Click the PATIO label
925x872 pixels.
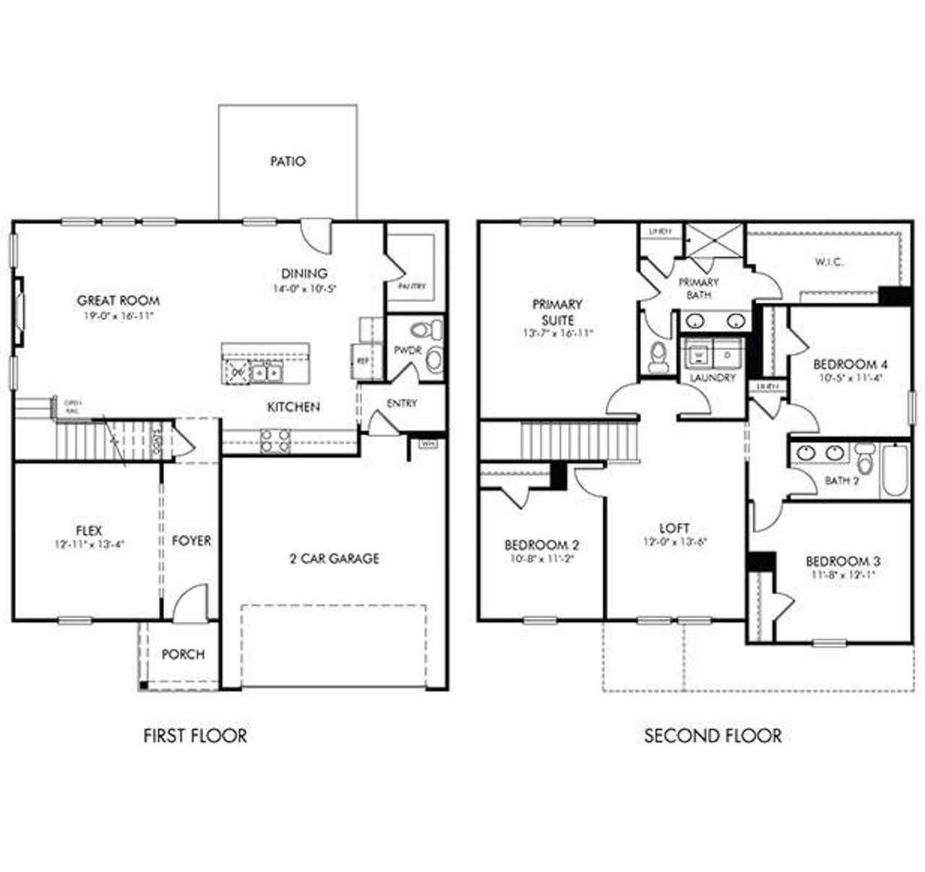pyautogui.click(x=288, y=161)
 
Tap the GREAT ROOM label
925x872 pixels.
pyautogui.click(x=119, y=301)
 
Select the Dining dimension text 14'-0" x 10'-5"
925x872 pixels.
pyautogui.click(x=304, y=288)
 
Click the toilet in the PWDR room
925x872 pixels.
pyautogui.click(x=426, y=331)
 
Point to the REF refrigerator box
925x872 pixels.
pyautogui.click(x=360, y=358)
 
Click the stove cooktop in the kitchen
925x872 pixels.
pyautogui.click(x=275, y=441)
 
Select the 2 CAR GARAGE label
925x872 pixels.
pyautogui.click(x=334, y=558)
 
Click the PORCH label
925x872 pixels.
pyautogui.click(x=183, y=655)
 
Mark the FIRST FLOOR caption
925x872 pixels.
pyautogui.click(x=195, y=736)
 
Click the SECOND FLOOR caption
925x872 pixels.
pyautogui.click(x=713, y=736)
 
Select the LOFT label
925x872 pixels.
pyautogui.click(x=674, y=528)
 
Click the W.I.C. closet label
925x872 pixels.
pyautogui.click(x=828, y=262)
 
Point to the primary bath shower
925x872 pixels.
pyautogui.click(x=713, y=239)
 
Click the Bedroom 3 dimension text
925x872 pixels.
pyautogui.click(x=843, y=575)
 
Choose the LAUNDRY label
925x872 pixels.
pyautogui.click(x=713, y=377)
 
